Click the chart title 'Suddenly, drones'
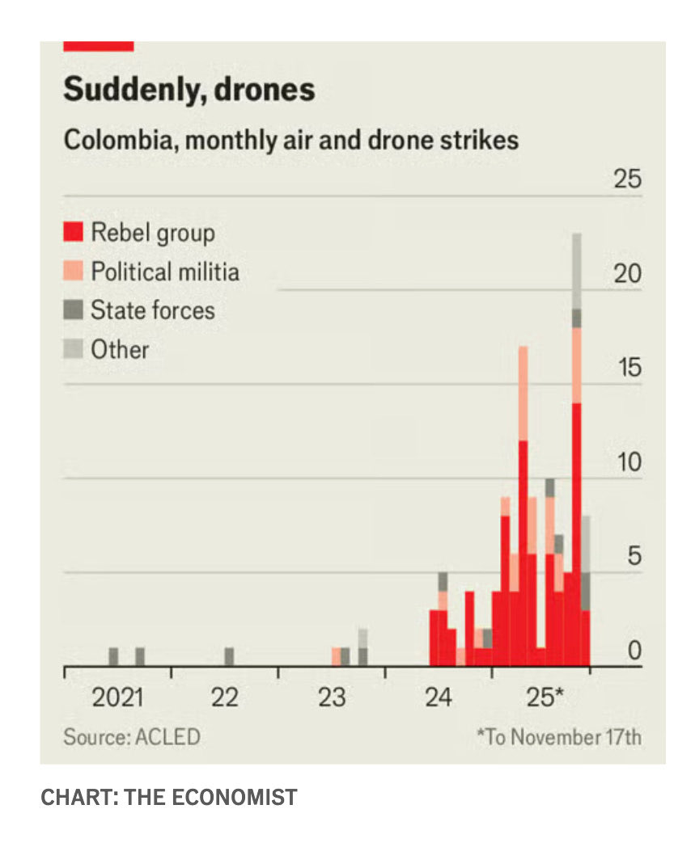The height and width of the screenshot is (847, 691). [x=189, y=89]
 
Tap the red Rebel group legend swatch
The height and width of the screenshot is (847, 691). [x=74, y=233]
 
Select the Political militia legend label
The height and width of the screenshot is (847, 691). [x=164, y=272]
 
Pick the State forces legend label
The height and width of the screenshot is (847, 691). [x=152, y=310]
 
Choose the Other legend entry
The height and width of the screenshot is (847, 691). [x=120, y=349]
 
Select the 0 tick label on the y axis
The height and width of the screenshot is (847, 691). [x=634, y=651]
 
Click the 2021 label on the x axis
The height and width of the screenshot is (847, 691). [x=117, y=697]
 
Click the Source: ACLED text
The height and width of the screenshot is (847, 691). [x=131, y=737]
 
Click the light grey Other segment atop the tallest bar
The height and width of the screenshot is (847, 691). [x=577, y=271]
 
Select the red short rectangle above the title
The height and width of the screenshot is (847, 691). [x=98, y=46]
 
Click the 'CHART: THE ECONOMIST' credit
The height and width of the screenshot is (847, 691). [x=169, y=798]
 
